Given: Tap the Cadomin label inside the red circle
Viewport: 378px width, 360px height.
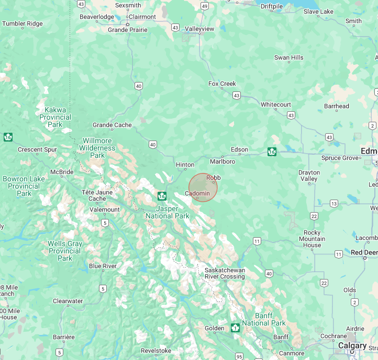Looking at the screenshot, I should coord(197,193).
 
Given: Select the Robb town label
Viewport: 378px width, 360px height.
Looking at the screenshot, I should coord(213,178).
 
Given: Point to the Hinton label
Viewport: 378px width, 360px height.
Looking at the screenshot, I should coord(185,165).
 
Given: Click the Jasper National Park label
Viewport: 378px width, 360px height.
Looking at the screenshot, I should coord(167,212).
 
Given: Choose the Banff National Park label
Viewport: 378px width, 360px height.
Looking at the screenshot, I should coord(263,319).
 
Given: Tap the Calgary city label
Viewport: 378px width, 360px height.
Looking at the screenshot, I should coord(352,345).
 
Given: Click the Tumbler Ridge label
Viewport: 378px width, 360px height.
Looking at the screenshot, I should coord(23,24).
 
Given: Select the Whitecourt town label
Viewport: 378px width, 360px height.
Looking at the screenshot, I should coord(276,104).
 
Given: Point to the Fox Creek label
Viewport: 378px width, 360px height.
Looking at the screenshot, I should coord(222,84).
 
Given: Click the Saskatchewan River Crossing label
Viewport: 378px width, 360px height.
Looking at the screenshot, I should coord(225,273).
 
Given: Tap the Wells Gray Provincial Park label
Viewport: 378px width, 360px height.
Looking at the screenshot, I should coord(65,251).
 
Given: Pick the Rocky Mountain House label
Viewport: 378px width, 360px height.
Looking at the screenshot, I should coord(312,239).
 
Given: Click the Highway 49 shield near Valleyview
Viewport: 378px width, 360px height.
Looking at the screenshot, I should coord(204,6).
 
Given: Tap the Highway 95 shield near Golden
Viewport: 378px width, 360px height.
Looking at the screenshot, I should coord(239,356).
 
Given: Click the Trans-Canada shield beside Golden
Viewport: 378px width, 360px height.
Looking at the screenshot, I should coord(235,328).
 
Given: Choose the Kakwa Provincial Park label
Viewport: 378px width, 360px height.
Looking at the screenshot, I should coord(55,117).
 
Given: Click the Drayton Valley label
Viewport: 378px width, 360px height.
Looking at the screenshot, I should coord(309,176).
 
